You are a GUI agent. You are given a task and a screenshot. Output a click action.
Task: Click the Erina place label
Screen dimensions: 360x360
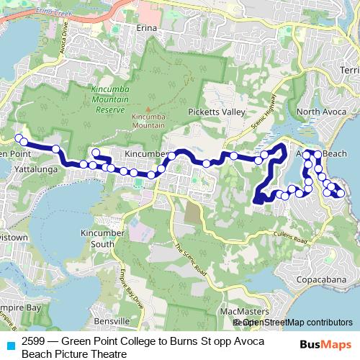click(147, 30)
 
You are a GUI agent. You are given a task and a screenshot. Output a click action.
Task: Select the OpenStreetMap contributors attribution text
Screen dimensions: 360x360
click(293, 323)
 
